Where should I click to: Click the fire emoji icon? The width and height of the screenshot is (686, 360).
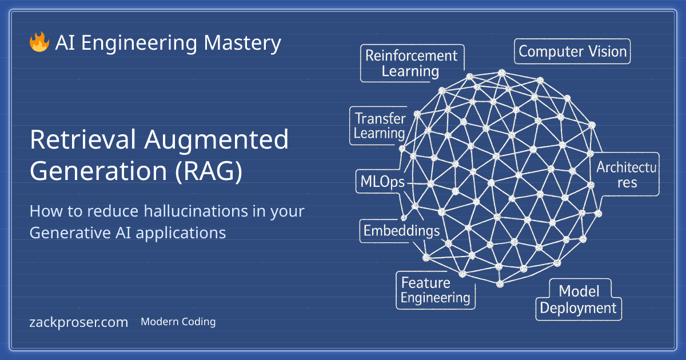tap(39, 43)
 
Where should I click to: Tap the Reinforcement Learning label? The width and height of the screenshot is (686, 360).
tap(411, 63)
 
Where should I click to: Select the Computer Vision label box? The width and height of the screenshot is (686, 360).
tap(572, 52)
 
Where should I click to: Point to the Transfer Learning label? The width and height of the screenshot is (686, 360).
tap(380, 126)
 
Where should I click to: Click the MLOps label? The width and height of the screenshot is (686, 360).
tap(382, 183)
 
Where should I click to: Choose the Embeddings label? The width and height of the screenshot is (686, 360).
tap(401, 231)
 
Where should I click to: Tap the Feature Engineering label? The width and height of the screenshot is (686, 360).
tap(435, 290)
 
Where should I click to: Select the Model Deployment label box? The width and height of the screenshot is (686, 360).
tap(579, 300)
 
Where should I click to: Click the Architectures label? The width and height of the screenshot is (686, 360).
tap(627, 175)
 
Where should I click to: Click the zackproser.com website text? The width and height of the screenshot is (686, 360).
tap(78, 322)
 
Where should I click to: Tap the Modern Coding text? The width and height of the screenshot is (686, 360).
tap(178, 322)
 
